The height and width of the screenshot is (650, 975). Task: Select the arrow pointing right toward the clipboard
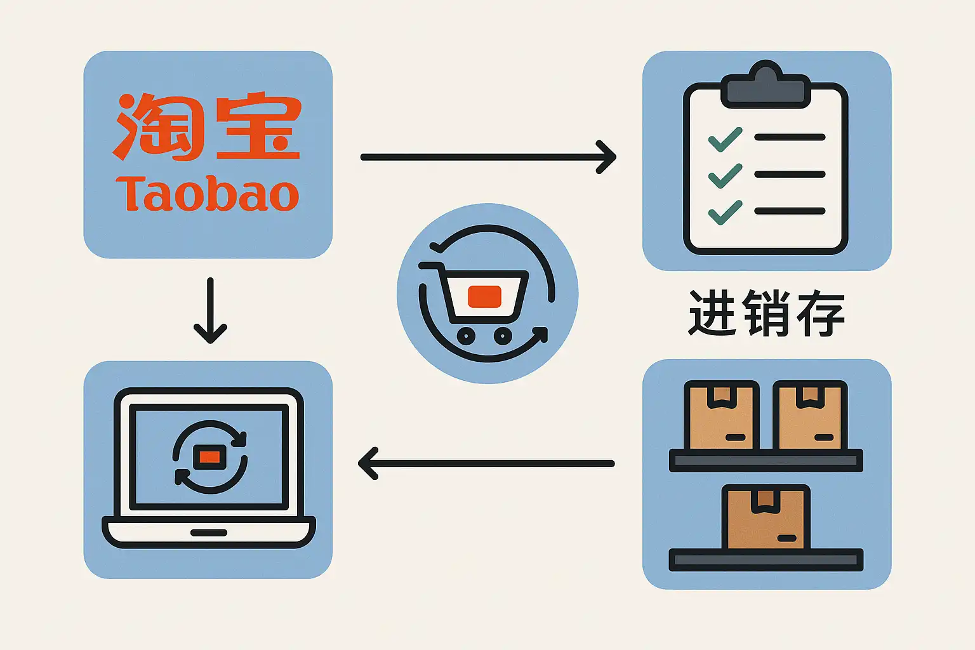(x=487, y=157)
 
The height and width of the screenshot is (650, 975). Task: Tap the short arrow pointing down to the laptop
(x=210, y=310)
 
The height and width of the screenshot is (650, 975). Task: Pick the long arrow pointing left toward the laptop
(x=486, y=463)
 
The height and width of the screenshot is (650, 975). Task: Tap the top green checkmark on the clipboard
(x=725, y=139)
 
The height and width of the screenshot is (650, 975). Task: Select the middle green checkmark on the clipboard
(x=725, y=175)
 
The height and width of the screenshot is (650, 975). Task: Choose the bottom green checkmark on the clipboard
(x=725, y=211)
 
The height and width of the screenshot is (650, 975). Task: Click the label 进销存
(x=766, y=312)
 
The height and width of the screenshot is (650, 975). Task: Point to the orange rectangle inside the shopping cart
(x=484, y=296)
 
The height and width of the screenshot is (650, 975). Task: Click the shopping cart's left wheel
(x=466, y=335)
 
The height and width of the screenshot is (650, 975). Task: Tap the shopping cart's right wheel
(x=503, y=335)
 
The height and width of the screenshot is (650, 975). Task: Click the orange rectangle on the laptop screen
(x=209, y=457)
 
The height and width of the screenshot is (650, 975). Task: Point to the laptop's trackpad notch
(x=209, y=533)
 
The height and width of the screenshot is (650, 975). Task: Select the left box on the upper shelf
(x=722, y=416)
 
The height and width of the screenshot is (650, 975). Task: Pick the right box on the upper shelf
(x=810, y=416)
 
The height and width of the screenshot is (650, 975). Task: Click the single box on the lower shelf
(x=766, y=517)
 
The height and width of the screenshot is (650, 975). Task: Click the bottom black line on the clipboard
(x=790, y=211)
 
